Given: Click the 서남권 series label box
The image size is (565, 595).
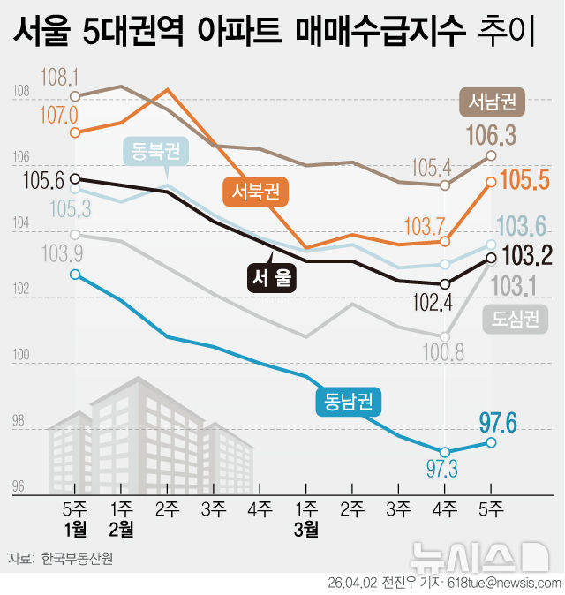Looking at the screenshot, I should coord(492,102).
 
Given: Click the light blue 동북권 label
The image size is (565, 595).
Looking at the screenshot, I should coord(156,151).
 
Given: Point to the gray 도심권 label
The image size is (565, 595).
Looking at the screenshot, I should coord(515,319).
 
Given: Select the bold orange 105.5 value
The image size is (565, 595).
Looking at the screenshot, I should coord(524,180).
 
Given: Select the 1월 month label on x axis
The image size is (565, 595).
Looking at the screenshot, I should coord(75,530).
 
